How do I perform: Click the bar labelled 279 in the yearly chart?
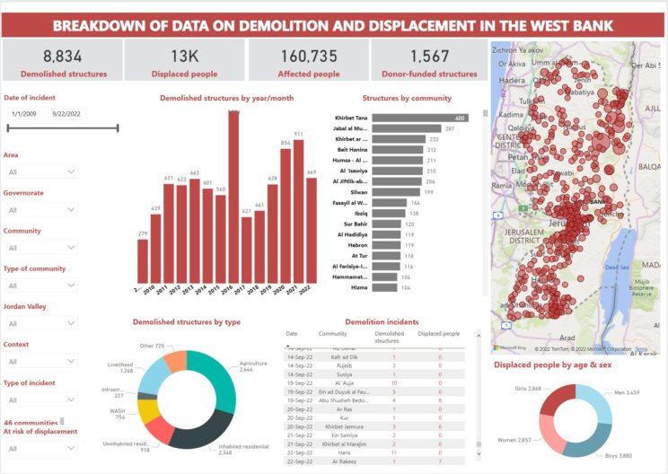click(143, 261)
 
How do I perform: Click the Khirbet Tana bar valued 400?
click(419, 118)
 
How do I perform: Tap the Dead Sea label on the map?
click(617, 267)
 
